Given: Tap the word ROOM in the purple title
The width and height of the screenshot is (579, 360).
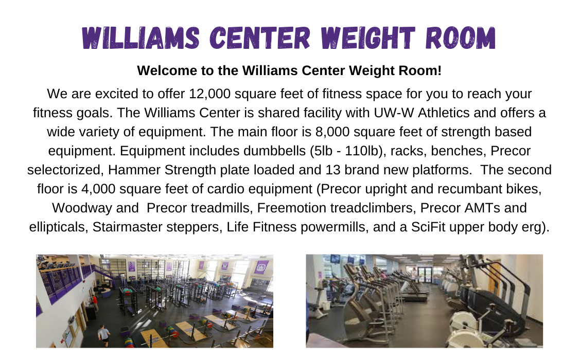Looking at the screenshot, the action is (x=460, y=38).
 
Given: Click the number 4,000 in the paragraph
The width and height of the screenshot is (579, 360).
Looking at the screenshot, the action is (x=98, y=189).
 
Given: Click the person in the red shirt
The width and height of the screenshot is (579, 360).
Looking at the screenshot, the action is (x=96, y=302).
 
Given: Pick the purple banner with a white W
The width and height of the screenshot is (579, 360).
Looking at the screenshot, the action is (x=224, y=266).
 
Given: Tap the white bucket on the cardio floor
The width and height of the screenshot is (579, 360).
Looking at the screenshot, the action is (x=325, y=306).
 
